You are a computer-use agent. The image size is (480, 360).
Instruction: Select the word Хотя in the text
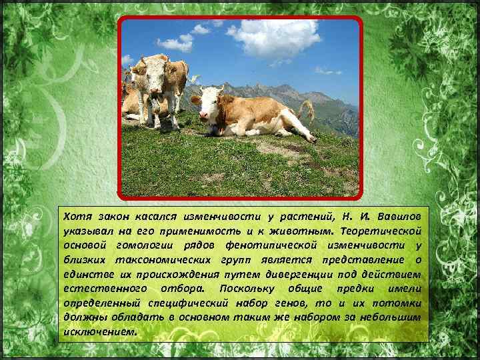pos(76,217)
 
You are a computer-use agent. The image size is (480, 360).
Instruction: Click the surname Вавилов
pos(399,217)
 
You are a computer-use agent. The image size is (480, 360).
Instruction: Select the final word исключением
pos(97,331)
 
